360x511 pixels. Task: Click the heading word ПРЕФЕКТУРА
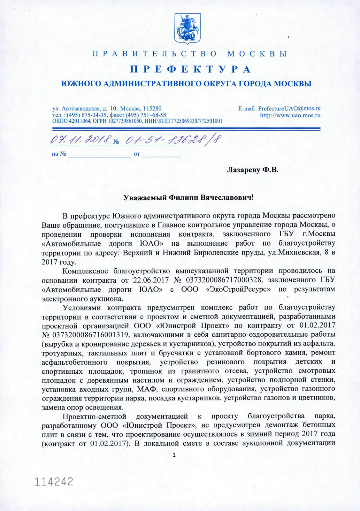coord(190,69)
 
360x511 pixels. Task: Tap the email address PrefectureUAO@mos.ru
coord(289,109)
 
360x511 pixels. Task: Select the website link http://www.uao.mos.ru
coord(290,115)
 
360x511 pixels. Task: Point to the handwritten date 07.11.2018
coord(81,139)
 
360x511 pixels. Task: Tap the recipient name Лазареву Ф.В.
coord(252,170)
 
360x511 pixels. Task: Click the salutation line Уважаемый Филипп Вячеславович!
coord(188,197)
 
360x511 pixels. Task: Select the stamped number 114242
coord(54,482)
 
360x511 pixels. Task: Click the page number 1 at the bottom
coord(174,455)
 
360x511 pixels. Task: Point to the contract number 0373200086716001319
coord(90,335)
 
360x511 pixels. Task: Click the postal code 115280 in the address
coord(152,109)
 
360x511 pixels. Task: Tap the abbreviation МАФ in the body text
coord(146,389)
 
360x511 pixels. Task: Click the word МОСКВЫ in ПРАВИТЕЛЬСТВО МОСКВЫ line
coord(257,54)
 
